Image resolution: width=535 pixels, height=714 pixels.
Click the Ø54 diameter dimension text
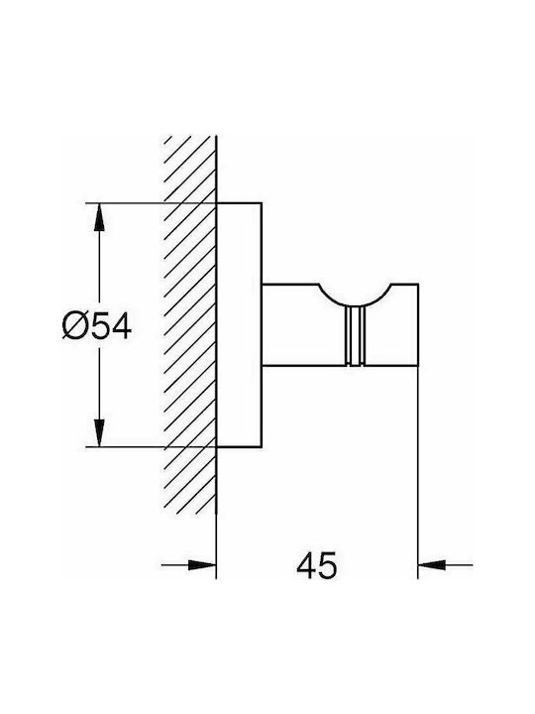97,325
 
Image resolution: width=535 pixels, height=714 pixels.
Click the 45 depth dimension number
317,565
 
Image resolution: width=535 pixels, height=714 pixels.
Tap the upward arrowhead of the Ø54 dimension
99,217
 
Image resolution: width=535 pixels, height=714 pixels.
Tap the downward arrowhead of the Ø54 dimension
99,432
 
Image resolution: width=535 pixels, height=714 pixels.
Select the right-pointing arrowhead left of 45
202,565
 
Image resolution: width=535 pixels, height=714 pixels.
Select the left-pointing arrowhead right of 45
432,565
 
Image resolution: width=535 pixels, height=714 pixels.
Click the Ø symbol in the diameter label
74,325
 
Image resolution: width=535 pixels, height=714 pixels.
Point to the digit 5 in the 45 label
329,565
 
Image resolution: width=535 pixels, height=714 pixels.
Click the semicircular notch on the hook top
356,302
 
